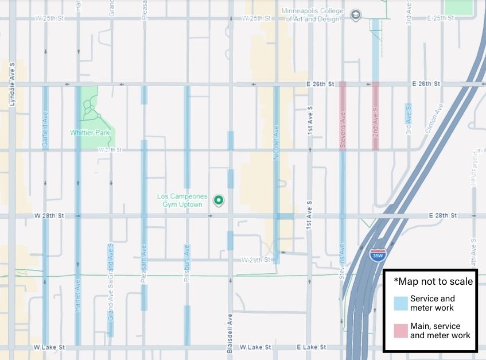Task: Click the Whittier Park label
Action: pos(89,133)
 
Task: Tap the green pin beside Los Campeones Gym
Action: pos(218,200)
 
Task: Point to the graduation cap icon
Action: pos(356,14)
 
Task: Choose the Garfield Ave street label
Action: pos(45,131)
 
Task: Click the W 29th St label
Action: pos(255,260)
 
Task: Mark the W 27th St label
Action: pos(110,150)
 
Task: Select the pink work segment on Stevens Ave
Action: pos(343,115)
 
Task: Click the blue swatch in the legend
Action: pos(401,303)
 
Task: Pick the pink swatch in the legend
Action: pos(401,331)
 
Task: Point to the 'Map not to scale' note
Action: pos(433,281)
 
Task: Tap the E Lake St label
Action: pos(311,347)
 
